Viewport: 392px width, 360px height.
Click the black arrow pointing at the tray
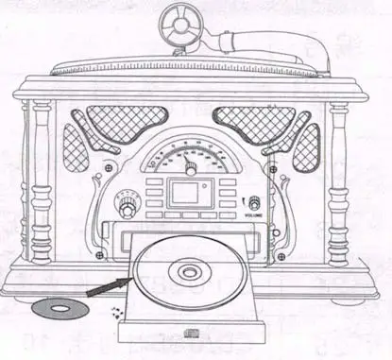tap(106, 286)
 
